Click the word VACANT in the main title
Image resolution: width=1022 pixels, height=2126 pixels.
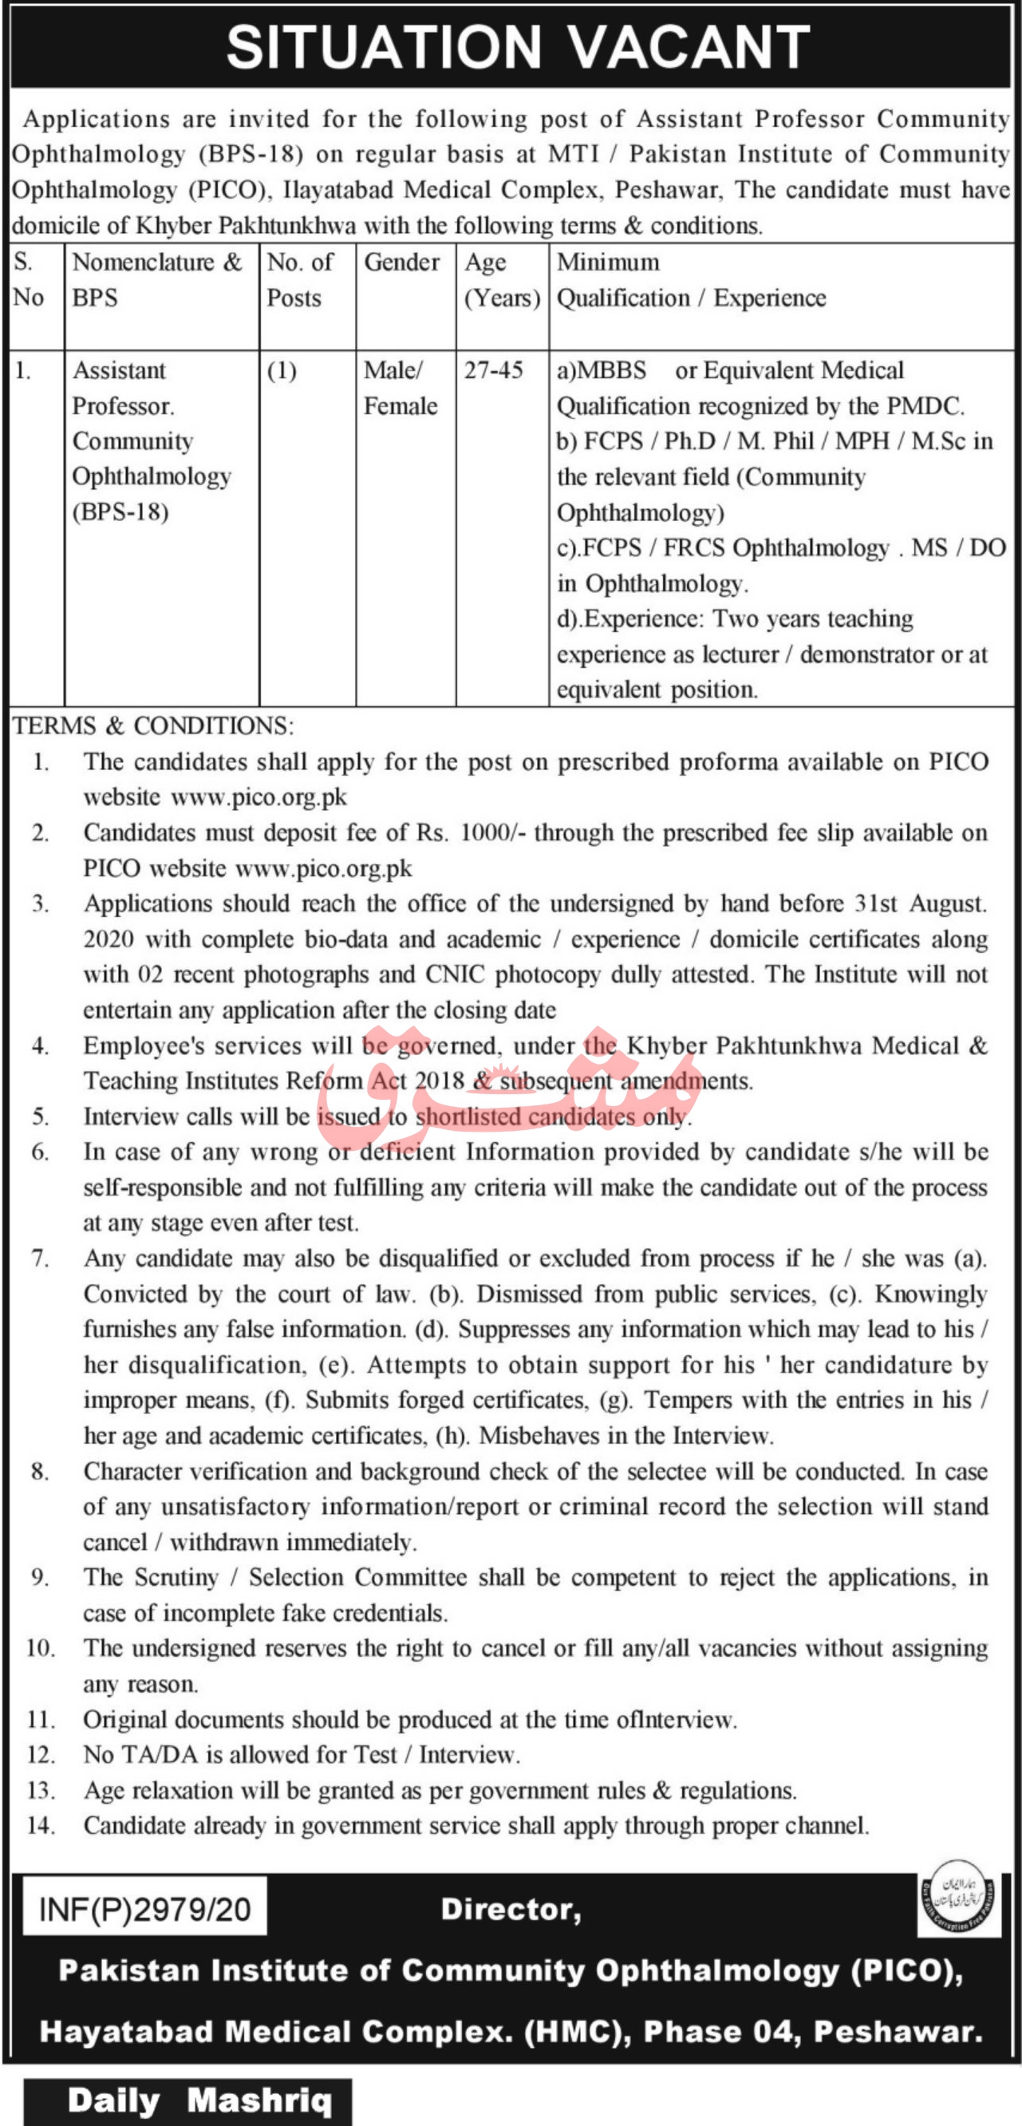pos(689,48)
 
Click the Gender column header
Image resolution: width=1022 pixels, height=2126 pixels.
pos(402,263)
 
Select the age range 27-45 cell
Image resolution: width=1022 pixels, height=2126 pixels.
pos(493,370)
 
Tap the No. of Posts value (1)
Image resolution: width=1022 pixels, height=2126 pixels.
pos(282,370)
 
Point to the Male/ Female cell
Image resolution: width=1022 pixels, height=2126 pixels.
pos(400,388)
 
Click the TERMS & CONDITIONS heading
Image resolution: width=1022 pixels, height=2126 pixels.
pos(152,725)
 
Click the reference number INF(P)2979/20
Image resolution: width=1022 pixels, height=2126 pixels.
pos(144,1910)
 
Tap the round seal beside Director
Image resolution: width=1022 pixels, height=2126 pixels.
pos(957,1897)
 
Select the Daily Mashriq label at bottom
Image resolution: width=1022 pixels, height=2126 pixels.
pos(199,2100)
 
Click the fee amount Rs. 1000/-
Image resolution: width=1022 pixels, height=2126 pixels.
pos(469,832)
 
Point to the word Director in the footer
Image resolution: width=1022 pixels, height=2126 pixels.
pos(511,1909)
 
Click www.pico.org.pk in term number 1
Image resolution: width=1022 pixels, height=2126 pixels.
pos(258,797)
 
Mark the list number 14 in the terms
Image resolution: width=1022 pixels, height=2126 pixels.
pos(41,1825)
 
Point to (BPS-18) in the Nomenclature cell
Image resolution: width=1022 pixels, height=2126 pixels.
pos(120,512)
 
